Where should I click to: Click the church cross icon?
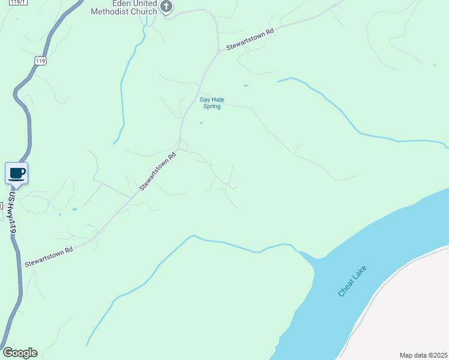point(167,7)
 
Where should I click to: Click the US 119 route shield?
point(41,61)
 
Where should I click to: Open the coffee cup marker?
point(17,173)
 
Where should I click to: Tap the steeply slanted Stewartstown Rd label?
point(157,172)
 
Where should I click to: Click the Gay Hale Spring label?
point(212,103)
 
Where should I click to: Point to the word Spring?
point(212,107)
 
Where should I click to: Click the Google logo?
point(20,353)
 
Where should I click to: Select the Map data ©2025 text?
point(424,355)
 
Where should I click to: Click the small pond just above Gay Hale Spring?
point(246,86)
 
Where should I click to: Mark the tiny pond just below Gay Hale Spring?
point(200,124)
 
